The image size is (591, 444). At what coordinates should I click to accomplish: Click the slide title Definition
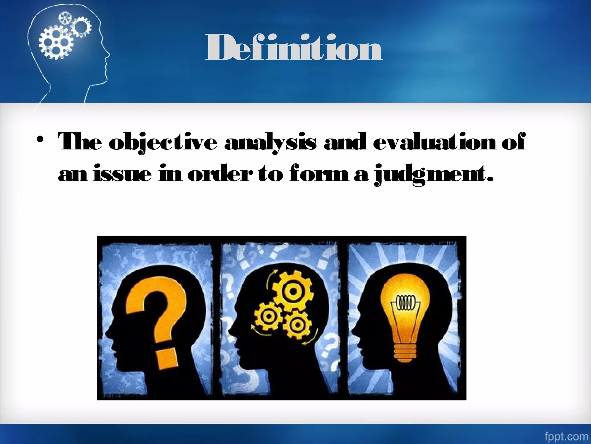point(294,48)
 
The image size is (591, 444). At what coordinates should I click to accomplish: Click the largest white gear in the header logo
point(56,43)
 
